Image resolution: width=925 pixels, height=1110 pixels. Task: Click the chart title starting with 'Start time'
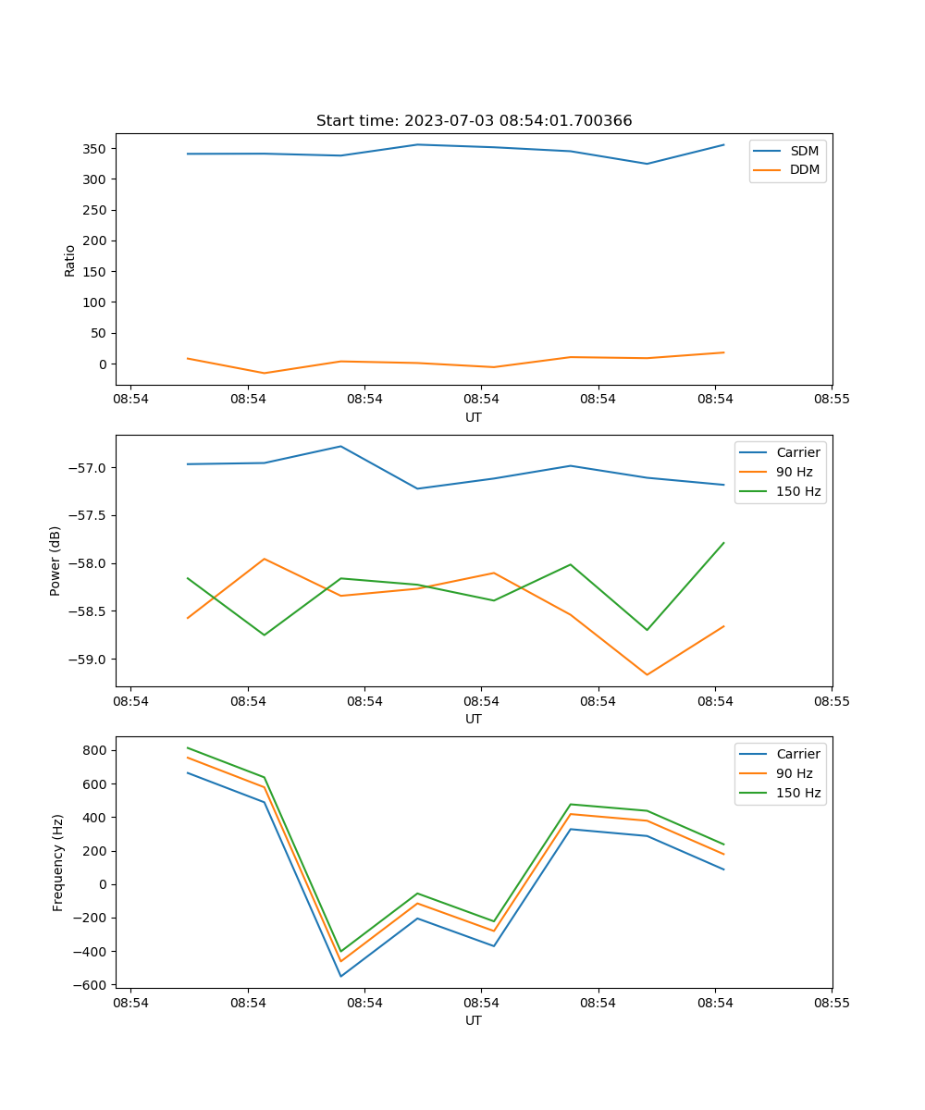point(474,121)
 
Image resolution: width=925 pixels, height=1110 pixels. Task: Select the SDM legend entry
point(804,151)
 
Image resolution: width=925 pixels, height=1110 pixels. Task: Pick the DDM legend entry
point(804,170)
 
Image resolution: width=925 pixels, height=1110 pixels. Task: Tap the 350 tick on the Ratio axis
point(95,149)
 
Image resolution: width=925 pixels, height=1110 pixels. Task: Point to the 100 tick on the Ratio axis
point(95,302)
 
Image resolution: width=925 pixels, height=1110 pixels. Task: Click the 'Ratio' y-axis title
point(70,260)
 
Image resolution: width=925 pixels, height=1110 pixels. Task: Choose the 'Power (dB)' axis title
point(55,561)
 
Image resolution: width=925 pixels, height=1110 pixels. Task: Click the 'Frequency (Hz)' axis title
point(57,862)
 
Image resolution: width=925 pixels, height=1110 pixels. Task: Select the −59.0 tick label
point(86,660)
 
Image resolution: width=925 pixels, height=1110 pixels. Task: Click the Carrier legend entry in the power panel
point(797,452)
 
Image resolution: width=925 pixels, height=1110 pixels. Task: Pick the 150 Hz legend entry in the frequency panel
point(798,793)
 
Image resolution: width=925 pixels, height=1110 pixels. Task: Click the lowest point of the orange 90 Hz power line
point(647,674)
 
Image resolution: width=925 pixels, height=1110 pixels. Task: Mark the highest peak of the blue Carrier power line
point(340,446)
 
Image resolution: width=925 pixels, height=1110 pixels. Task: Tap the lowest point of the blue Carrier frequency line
point(340,976)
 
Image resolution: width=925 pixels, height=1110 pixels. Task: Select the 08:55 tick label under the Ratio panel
point(832,400)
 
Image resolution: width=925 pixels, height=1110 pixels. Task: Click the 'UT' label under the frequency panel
point(474,1020)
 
